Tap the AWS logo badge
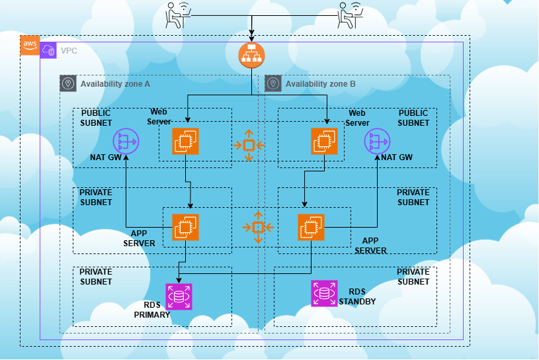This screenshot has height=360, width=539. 30,45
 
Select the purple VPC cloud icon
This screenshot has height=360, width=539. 49,50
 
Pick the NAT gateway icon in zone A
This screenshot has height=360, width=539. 125,141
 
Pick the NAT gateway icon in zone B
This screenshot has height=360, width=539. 377,141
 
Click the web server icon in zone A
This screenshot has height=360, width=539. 185,141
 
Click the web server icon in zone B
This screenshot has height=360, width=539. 324,141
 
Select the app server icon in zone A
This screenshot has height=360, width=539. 185,227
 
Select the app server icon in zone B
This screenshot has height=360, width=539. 311,227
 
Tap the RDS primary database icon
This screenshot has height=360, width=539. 178,296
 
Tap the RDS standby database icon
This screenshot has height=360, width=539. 324,293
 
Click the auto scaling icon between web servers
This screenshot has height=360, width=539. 249,144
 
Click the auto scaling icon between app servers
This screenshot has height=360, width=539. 258,227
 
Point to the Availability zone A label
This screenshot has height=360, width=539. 115,84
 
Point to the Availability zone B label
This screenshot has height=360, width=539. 320,84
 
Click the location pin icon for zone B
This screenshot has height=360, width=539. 272,83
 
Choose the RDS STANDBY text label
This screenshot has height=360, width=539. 356,296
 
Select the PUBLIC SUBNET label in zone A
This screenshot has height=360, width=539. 96,118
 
